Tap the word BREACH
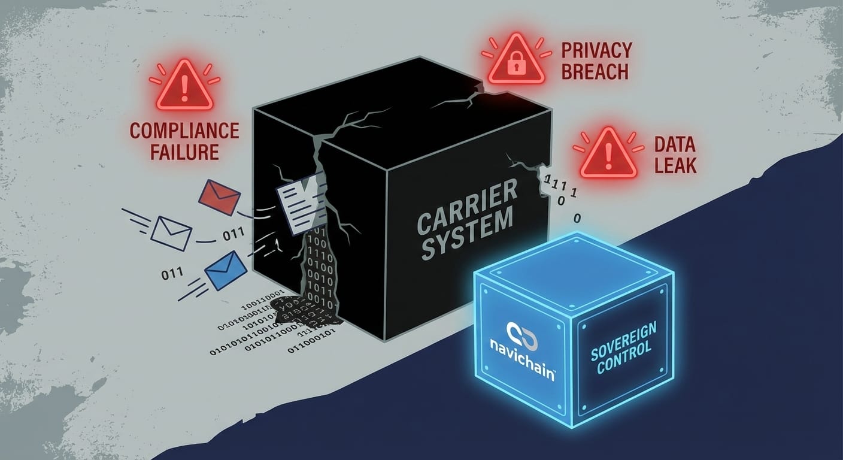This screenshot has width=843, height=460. pyautogui.click(x=595, y=72)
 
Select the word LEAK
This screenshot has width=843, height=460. pyautogui.click(x=675, y=165)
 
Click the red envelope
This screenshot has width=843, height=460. pyautogui.click(x=219, y=198)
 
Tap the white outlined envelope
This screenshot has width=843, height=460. pyautogui.click(x=171, y=233)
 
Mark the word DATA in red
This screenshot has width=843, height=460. pyautogui.click(x=675, y=144)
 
